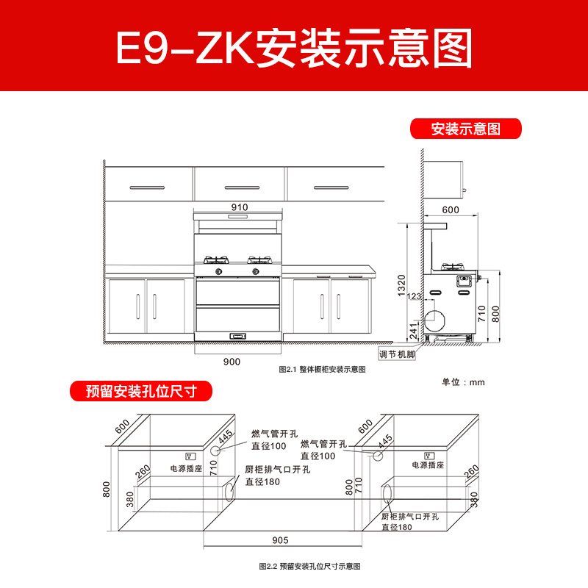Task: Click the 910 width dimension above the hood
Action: coord(240,207)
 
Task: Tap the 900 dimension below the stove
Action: coord(232,362)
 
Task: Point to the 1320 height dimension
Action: coord(401,285)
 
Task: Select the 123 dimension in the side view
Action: coord(414,296)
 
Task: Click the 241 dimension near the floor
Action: coord(414,331)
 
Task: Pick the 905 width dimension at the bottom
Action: coord(280,540)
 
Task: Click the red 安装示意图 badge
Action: coord(466,129)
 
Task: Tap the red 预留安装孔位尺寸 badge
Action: coord(141,391)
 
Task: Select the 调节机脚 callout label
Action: coord(397,354)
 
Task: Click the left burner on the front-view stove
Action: coord(216,259)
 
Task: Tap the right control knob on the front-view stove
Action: coord(256,271)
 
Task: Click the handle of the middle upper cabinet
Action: coord(242,187)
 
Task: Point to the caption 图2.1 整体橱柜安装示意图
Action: coord(322,370)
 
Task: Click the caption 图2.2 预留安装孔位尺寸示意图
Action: coord(309,566)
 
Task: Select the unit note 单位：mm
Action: coord(463,382)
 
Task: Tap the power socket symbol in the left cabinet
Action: coord(190,456)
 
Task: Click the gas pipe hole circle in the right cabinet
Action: coord(378,456)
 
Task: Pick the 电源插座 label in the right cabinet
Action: coord(428,465)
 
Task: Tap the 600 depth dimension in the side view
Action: coord(451,209)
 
